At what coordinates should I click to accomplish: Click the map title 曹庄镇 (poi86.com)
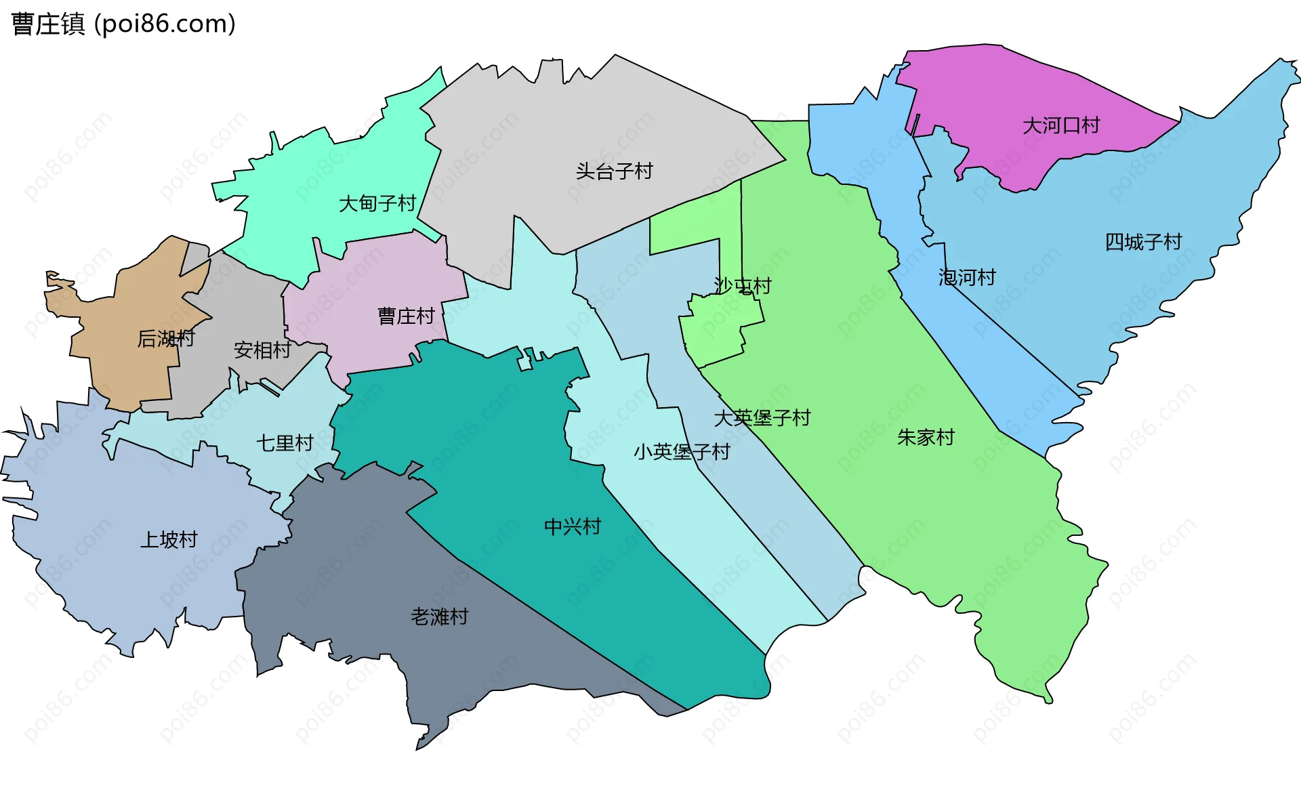[x=123, y=24]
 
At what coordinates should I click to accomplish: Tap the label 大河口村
[x=1060, y=125]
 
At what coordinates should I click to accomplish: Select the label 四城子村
[x=1143, y=242]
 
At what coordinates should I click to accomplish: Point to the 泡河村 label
[x=967, y=277]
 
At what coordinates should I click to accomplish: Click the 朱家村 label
[x=926, y=438]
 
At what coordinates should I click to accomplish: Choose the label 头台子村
[x=614, y=171]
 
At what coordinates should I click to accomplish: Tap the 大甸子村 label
[x=377, y=203]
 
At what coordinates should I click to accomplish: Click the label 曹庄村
[x=406, y=316]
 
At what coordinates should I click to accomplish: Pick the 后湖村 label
[x=166, y=338]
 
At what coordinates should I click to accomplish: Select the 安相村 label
[x=262, y=350]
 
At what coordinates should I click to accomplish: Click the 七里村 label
[x=285, y=443]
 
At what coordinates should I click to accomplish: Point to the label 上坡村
[x=169, y=539]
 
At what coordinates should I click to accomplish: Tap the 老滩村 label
[x=439, y=617]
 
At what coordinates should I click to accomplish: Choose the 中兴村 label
[x=573, y=526]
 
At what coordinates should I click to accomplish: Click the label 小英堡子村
[x=682, y=451]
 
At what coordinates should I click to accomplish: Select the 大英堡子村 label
[x=762, y=417]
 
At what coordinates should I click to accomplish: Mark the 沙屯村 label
[x=743, y=286]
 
